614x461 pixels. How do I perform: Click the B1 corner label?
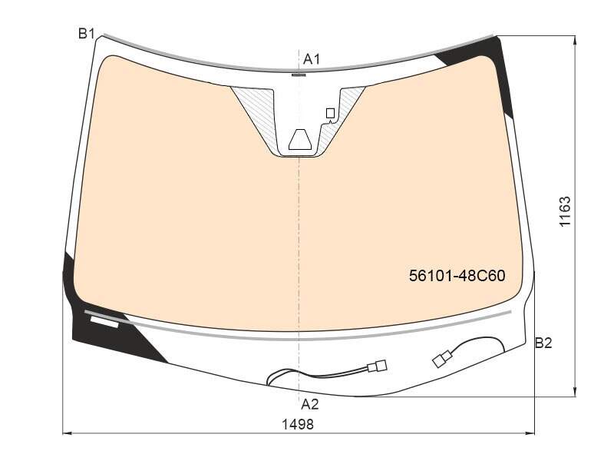(x=87, y=34)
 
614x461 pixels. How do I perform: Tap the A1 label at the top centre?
(x=312, y=59)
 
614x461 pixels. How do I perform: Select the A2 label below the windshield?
(x=310, y=404)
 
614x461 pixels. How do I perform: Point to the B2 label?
(x=543, y=343)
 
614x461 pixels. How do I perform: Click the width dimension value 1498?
(x=298, y=424)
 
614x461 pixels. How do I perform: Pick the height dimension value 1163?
(x=565, y=211)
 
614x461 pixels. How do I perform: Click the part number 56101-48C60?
(x=457, y=276)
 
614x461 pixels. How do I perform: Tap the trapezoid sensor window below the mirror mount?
(x=301, y=139)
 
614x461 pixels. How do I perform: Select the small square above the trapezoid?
(x=330, y=113)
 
